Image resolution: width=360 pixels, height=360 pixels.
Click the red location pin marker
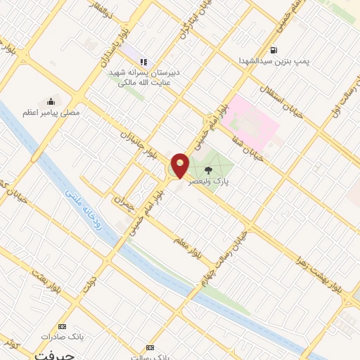[x=181, y=165]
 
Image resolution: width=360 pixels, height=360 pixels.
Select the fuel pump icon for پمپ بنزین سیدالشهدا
[x=273, y=50]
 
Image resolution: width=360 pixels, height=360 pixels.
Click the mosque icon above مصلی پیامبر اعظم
[x=50, y=101]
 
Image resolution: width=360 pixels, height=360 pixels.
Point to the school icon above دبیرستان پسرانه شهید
[x=144, y=62]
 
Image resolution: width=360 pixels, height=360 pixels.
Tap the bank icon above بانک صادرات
[x=62, y=326]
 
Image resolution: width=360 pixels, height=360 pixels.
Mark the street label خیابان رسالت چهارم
[x=227, y=252]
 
